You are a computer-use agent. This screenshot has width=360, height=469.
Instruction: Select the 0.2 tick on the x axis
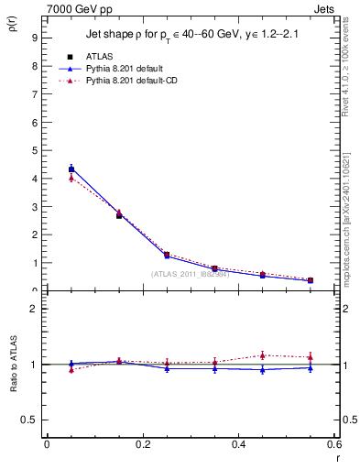[143, 444]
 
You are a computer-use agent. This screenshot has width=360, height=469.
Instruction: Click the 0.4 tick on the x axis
[239, 444]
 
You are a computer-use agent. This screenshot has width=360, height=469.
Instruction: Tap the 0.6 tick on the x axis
[333, 444]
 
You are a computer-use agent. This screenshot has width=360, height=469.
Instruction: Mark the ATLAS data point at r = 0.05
[71, 169]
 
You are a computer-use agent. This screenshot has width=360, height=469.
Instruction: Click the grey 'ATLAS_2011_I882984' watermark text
[190, 274]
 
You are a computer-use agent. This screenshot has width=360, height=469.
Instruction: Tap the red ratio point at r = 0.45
[262, 355]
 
